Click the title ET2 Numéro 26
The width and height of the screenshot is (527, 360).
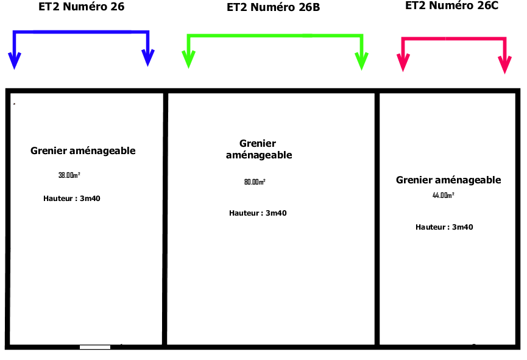(x=82, y=6)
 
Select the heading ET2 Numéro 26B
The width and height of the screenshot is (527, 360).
(x=273, y=7)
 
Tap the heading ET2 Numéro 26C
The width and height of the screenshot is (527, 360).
(x=451, y=5)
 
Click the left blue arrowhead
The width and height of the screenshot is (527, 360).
(x=15, y=60)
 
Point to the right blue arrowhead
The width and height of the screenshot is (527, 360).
(x=148, y=58)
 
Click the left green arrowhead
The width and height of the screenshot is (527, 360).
(x=188, y=60)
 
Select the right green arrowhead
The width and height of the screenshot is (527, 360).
(x=362, y=61)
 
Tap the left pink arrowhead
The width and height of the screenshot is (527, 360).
(x=403, y=63)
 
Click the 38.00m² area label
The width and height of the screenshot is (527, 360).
(x=69, y=175)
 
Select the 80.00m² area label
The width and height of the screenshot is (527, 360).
(x=255, y=182)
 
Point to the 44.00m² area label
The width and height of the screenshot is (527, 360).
(x=444, y=196)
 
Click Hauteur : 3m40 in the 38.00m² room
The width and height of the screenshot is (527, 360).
(x=72, y=199)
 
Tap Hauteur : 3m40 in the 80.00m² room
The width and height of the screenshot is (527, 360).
(x=258, y=213)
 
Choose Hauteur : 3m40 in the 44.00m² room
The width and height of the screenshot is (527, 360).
(x=444, y=227)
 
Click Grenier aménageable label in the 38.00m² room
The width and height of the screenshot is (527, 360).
(x=83, y=150)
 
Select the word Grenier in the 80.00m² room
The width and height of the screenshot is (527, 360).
(x=258, y=143)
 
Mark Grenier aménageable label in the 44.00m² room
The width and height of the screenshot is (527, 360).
(x=448, y=180)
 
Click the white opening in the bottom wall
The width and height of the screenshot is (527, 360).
(x=95, y=347)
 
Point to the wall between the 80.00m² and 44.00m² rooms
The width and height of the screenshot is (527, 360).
(x=377, y=219)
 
